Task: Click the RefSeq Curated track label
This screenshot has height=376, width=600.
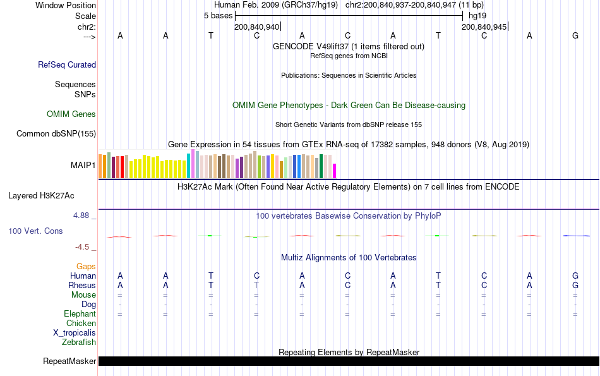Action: pos(67,64)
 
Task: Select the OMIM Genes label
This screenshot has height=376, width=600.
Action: pos(71,114)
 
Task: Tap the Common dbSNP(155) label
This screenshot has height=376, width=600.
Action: pos(56,133)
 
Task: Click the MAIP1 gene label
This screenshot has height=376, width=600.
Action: pos(83,166)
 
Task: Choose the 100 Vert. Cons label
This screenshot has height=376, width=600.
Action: pos(35,231)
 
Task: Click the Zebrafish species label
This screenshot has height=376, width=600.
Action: pos(79,343)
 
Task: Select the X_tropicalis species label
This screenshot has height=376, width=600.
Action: pos(75,333)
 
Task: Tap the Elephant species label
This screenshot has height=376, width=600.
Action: pos(80,314)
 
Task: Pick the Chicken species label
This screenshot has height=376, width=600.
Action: pos(81,324)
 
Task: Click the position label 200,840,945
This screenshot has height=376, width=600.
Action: pos(484,27)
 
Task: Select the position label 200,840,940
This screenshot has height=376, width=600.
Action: pos(256,27)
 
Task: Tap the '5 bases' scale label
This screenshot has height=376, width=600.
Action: pos(218,16)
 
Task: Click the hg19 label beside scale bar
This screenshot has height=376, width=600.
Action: pos(477,16)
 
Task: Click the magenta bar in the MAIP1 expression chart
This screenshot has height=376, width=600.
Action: pos(335,171)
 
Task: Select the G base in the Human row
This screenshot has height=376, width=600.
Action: pos(575,276)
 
